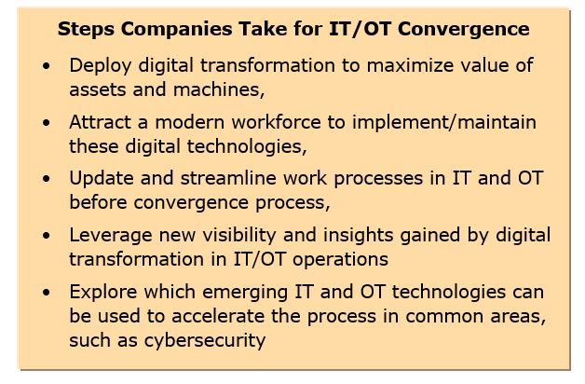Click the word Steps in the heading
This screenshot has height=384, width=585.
[86, 30]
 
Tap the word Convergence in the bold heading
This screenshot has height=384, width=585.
[463, 29]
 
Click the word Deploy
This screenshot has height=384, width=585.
[100, 66]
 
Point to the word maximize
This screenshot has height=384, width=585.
[410, 65]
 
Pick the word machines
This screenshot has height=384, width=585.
[219, 89]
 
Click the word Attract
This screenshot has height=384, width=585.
[100, 122]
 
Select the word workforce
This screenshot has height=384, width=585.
[276, 122]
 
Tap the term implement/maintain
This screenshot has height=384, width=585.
[444, 122]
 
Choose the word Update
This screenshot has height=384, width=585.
[102, 179]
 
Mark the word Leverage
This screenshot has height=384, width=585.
[111, 236]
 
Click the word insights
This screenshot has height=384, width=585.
[358, 236]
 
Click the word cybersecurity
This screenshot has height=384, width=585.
[205, 341]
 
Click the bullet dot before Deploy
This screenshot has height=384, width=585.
[47, 66]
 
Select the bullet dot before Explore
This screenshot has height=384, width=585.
[47, 293]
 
